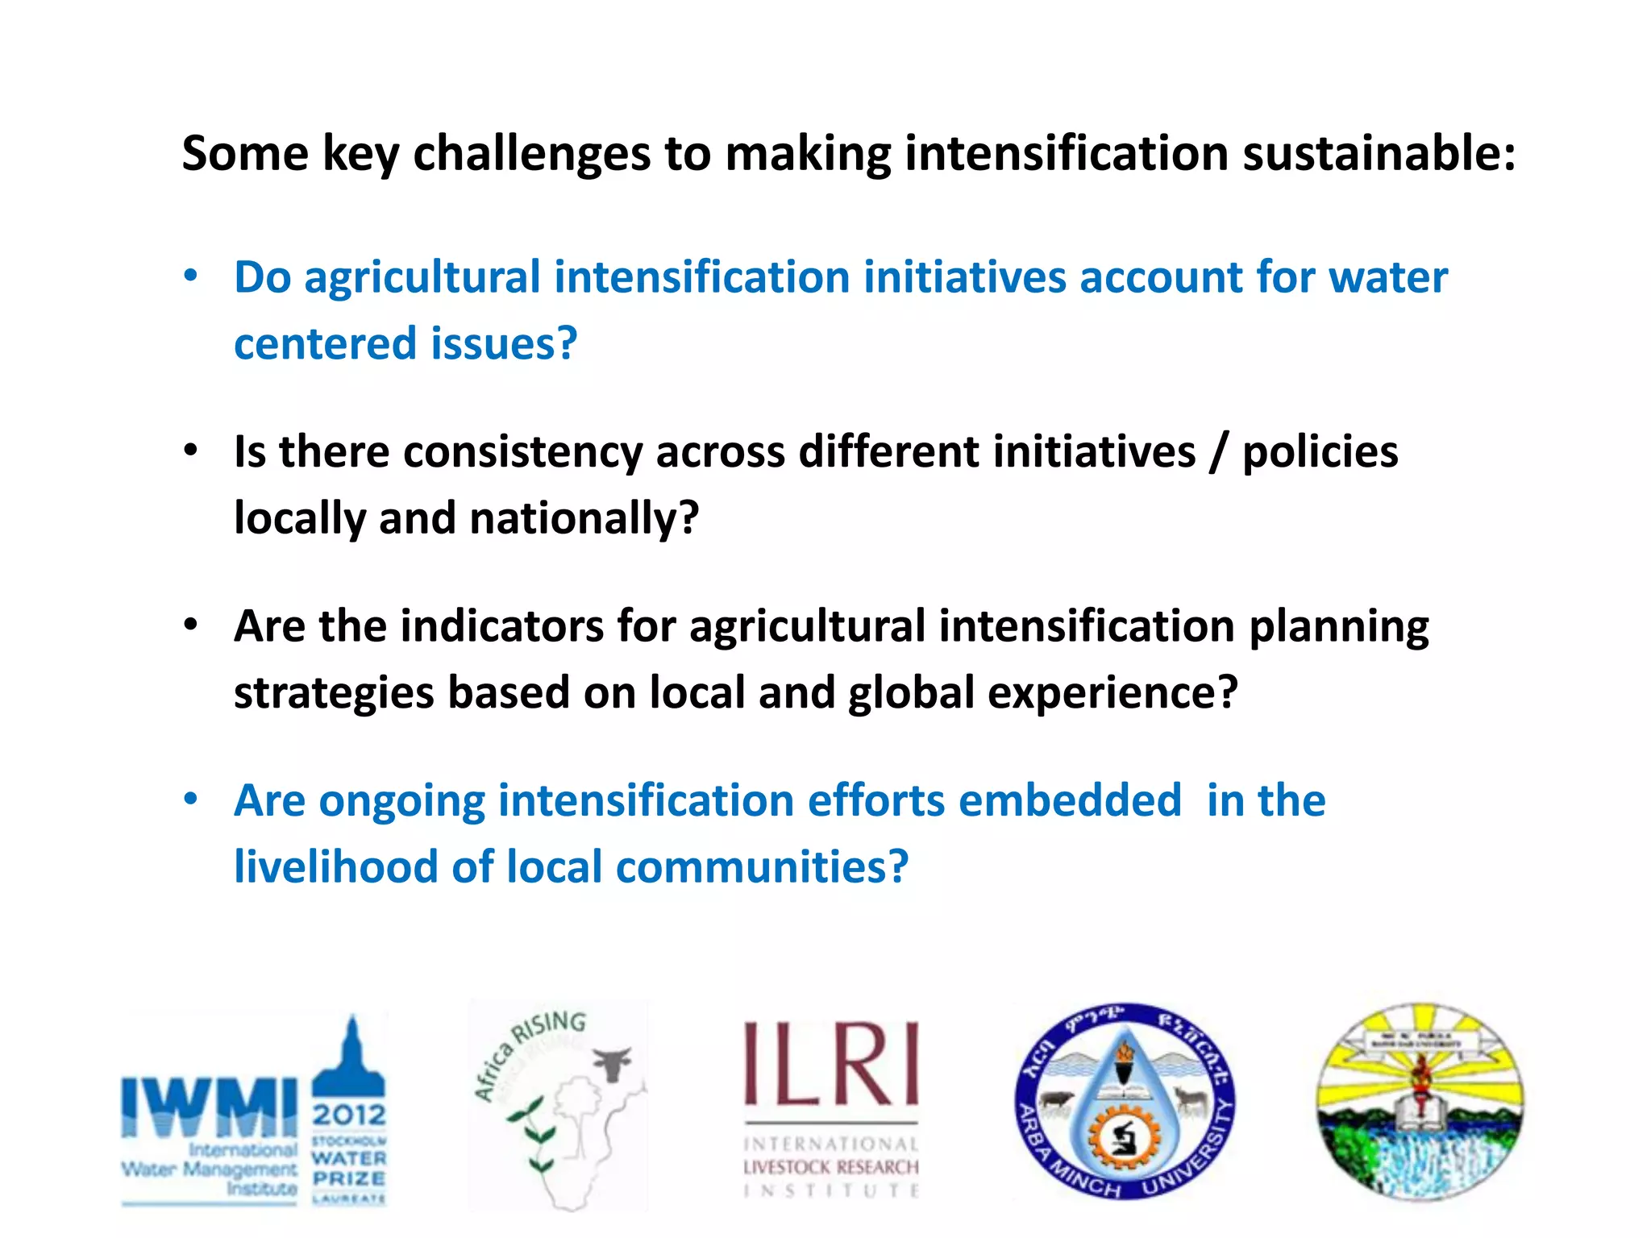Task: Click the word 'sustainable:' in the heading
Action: [1378, 153]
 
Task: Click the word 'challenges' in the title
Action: [531, 153]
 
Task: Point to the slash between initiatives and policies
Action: [1219, 453]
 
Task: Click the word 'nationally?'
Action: [584, 517]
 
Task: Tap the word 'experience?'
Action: [1112, 692]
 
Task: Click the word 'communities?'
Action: [762, 867]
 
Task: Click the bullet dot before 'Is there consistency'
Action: [190, 451]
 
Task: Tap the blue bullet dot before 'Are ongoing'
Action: [190, 800]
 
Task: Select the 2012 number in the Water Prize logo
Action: [349, 1115]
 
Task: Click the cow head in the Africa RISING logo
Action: [613, 1064]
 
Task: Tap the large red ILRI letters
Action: [830, 1064]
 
